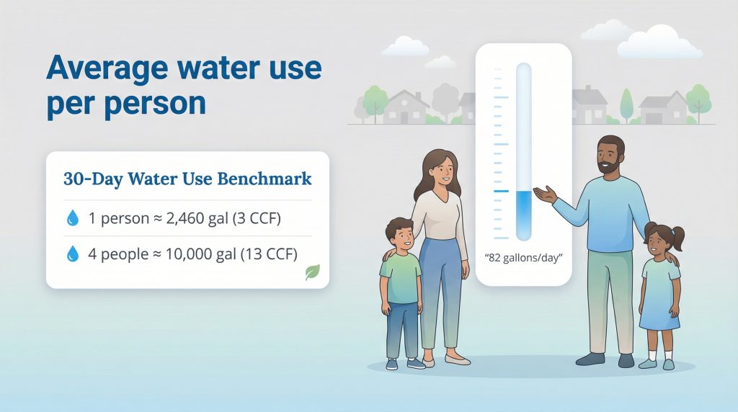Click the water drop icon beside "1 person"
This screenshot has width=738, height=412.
click(72, 219)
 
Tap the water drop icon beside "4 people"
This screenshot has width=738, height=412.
click(72, 254)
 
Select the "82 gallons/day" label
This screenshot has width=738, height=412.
click(524, 256)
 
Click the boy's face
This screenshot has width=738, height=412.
click(400, 238)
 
